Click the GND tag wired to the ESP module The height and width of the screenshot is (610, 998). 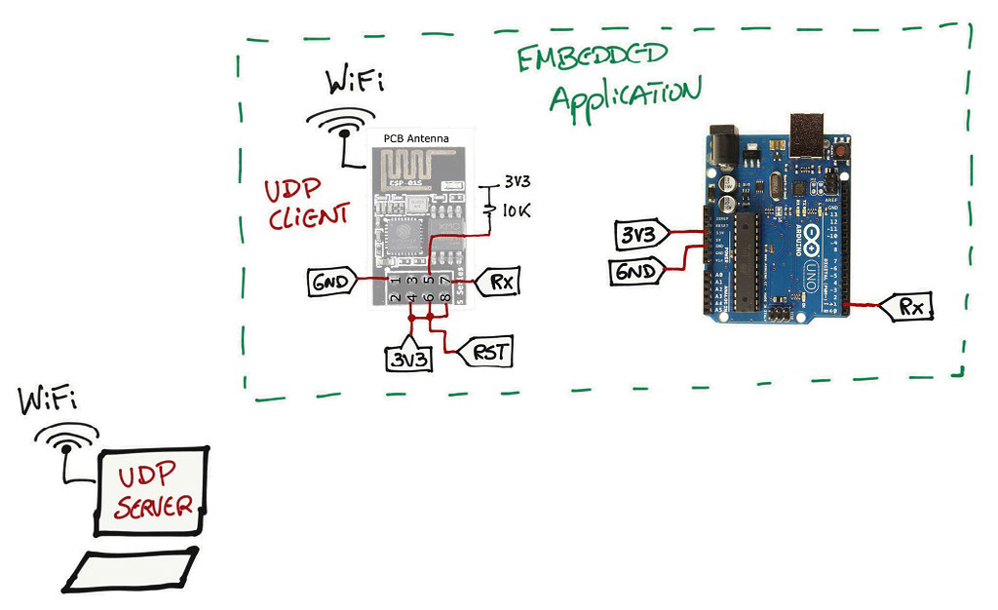click(329, 284)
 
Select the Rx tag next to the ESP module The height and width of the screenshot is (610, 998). click(500, 283)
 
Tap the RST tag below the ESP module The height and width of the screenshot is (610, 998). click(489, 352)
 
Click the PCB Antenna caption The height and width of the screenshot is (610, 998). click(416, 139)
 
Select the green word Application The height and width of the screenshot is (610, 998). click(624, 95)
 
